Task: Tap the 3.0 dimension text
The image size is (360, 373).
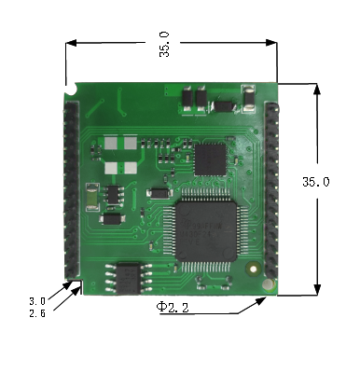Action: coord(36,301)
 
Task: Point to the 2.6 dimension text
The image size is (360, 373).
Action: coord(36,312)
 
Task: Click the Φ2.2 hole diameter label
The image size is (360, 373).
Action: coord(173,307)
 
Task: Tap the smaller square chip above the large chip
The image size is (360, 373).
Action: coord(211,158)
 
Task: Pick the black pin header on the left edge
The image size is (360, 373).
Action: coord(71,191)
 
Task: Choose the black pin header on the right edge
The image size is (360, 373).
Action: coord(271,191)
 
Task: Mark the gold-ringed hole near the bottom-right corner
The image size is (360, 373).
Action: coord(253,269)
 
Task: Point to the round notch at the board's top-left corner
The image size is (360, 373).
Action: coord(71,91)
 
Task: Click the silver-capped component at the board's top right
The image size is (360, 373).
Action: coord(250,98)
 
